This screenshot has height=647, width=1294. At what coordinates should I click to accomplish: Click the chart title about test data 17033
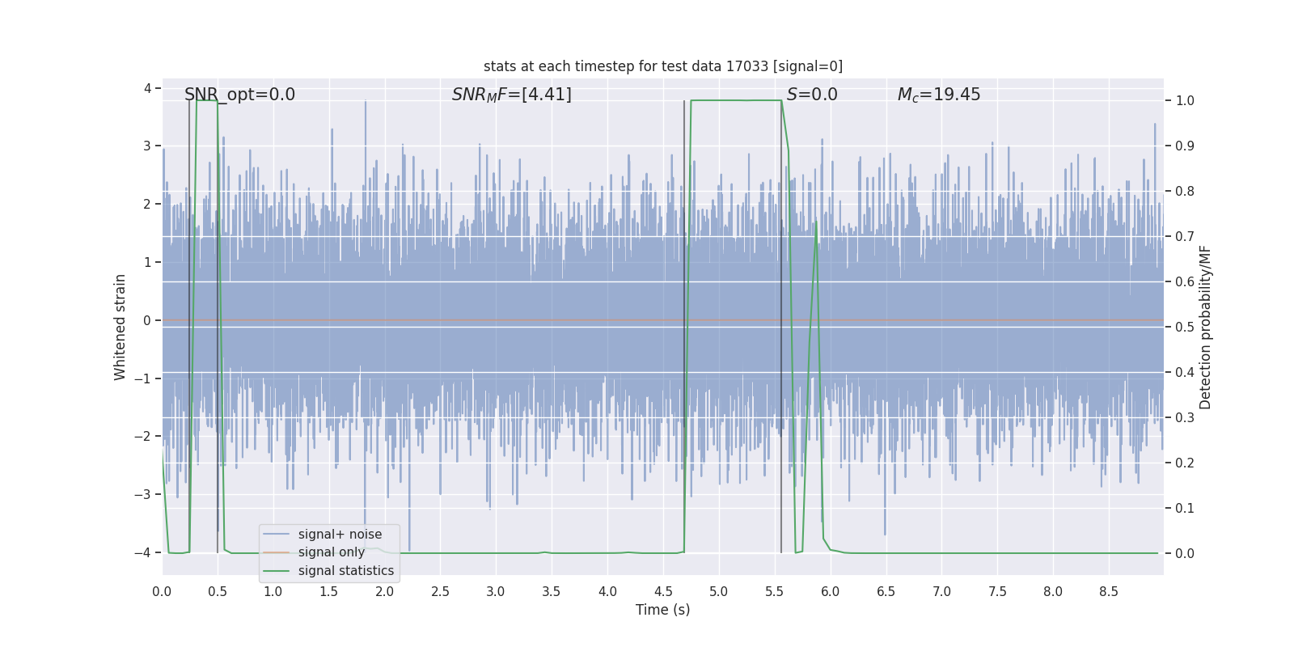click(663, 66)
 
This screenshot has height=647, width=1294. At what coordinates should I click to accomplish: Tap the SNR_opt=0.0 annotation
click(239, 95)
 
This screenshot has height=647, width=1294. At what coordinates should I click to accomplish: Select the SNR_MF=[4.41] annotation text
click(511, 95)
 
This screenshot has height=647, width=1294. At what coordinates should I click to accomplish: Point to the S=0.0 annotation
click(812, 95)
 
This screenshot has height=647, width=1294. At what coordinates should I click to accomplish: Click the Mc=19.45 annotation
click(938, 95)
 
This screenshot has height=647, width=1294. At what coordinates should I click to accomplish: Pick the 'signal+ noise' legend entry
click(340, 535)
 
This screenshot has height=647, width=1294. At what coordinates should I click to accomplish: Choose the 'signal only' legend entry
click(331, 552)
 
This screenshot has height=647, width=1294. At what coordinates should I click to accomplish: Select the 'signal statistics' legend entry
click(345, 571)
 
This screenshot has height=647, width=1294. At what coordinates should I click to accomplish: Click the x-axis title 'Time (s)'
click(662, 610)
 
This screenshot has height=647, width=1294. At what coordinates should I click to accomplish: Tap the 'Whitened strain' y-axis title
click(121, 327)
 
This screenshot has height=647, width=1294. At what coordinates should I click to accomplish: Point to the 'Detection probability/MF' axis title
click(1205, 327)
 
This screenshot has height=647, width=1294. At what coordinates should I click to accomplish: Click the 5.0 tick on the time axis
click(718, 591)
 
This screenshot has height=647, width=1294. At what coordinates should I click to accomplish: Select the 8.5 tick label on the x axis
click(1108, 591)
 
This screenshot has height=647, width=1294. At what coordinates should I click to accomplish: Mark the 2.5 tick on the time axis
click(440, 591)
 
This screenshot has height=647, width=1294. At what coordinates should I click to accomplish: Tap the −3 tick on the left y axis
click(146, 494)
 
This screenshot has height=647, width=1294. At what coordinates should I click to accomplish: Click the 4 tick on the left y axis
click(148, 88)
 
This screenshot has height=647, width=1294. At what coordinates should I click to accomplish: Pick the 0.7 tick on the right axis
click(1184, 237)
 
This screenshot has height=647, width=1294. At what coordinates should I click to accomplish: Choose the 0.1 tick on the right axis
click(1184, 509)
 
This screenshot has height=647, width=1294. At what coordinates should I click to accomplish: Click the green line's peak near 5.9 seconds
click(815, 221)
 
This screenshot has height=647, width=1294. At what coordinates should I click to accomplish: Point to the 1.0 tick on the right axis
click(1184, 101)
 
